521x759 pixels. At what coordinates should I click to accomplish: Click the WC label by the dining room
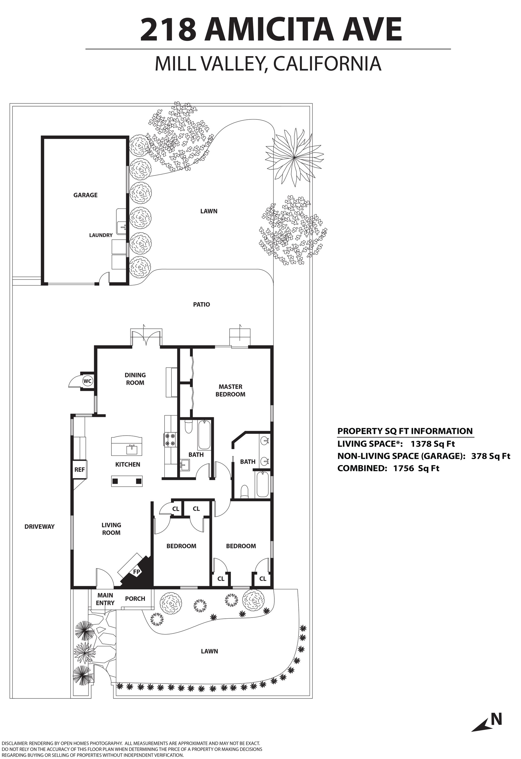87,381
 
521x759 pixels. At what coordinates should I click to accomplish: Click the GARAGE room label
85,195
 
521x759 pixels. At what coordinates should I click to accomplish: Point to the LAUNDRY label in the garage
101,235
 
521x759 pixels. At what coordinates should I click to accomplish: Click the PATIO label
202,304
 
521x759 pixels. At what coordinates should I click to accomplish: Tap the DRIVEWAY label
40,526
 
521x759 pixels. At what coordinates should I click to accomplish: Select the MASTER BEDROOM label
230,391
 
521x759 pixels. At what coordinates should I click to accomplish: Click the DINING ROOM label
135,379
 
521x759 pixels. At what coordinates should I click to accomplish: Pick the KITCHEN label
128,464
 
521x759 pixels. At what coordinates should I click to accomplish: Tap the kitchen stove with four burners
170,439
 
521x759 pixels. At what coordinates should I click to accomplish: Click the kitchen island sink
132,449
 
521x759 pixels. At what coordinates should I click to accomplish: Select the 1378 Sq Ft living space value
433,444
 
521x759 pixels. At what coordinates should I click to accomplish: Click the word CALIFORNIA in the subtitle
327,64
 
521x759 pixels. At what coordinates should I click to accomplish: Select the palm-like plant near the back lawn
294,158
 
